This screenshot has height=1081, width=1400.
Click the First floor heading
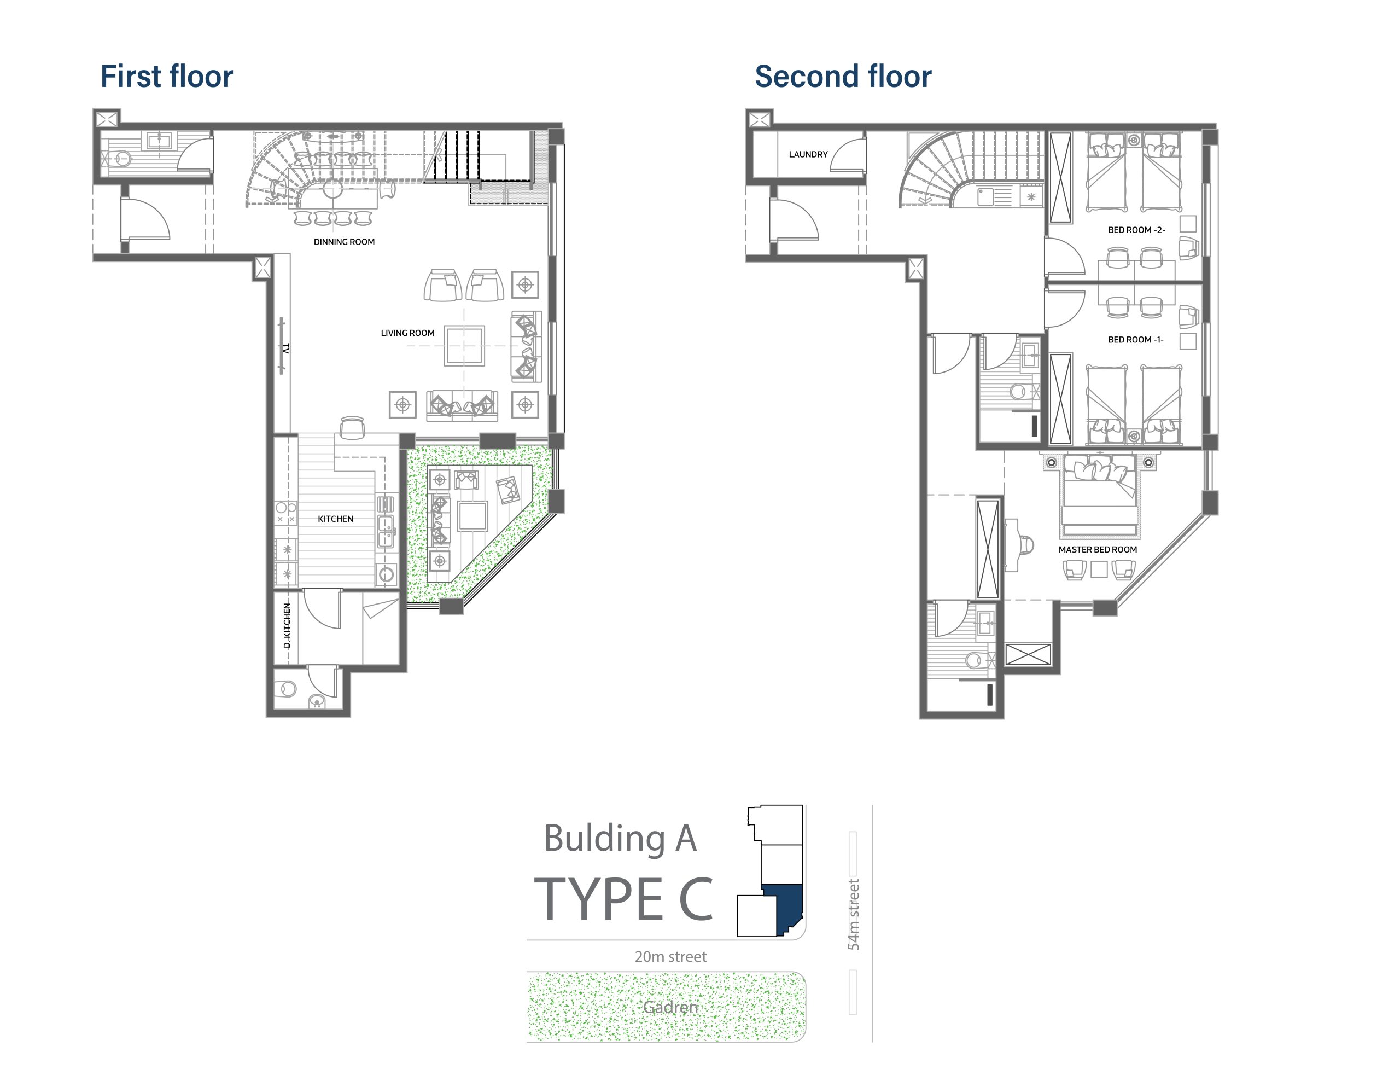[x=167, y=76]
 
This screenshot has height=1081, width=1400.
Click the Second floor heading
[x=843, y=76]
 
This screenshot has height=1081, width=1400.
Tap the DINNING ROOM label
[x=344, y=242]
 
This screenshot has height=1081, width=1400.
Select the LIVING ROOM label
[x=407, y=333]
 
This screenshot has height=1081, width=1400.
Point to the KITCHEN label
[x=335, y=519]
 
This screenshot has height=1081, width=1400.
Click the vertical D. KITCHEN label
[x=287, y=625]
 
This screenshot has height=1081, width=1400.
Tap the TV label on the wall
[x=286, y=349]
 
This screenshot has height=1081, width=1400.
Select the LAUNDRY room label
[x=808, y=154]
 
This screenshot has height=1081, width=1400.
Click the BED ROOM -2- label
[x=1136, y=230]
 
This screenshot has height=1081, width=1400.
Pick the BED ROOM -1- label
[x=1136, y=340]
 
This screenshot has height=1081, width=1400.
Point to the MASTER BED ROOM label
[x=1098, y=549]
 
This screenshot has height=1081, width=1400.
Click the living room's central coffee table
[x=465, y=346]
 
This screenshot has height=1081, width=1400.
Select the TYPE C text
[x=623, y=899]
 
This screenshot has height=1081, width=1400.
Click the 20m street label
[x=670, y=957]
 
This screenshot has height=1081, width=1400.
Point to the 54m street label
[x=853, y=914]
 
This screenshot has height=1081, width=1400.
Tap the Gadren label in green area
[x=670, y=1007]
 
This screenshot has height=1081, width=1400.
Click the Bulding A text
[x=620, y=839]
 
